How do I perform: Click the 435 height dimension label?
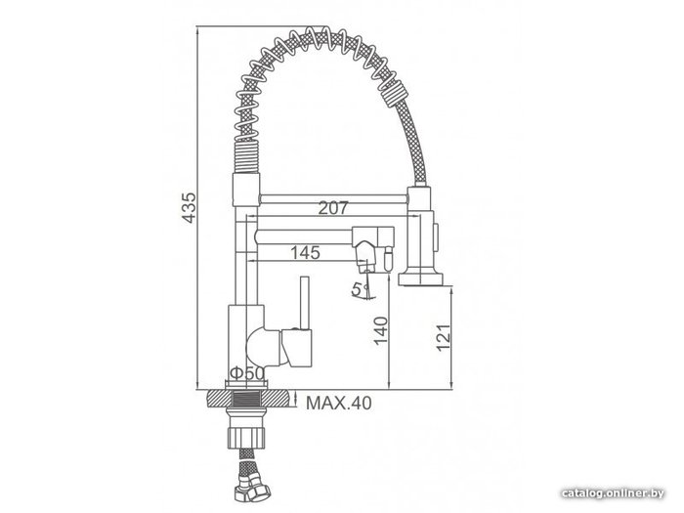pos(189,207)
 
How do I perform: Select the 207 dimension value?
pos(333,208)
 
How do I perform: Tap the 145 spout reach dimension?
pos(305,252)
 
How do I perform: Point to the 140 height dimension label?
pos(380,330)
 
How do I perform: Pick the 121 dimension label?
pos(444,338)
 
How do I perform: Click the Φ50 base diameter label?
pos(247,373)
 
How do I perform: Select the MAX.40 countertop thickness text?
pos(339,403)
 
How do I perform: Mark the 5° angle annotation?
pos(362,289)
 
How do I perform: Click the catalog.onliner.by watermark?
pos(613,493)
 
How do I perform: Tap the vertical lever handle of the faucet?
pos(305,303)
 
